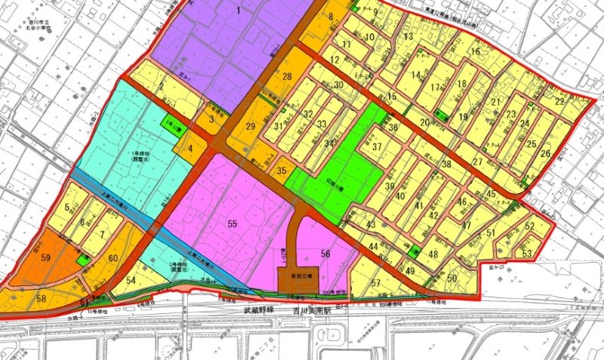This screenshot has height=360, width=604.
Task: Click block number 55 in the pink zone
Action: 232,223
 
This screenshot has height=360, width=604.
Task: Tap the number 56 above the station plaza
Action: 325,254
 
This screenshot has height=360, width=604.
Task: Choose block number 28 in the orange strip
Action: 287,77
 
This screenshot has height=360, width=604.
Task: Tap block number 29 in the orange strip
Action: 251,126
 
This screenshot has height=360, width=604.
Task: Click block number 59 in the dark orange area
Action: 46,257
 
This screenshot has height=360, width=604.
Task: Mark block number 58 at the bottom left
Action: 41,299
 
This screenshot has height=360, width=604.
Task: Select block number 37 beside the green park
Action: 377,148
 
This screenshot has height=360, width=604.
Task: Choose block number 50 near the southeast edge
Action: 452,278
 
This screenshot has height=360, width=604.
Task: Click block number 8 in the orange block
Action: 331,16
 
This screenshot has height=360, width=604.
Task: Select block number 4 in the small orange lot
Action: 190,149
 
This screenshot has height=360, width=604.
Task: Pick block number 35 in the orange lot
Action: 281,171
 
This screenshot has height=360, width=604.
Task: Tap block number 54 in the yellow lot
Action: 131,280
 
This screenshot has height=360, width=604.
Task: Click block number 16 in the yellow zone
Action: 476,52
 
